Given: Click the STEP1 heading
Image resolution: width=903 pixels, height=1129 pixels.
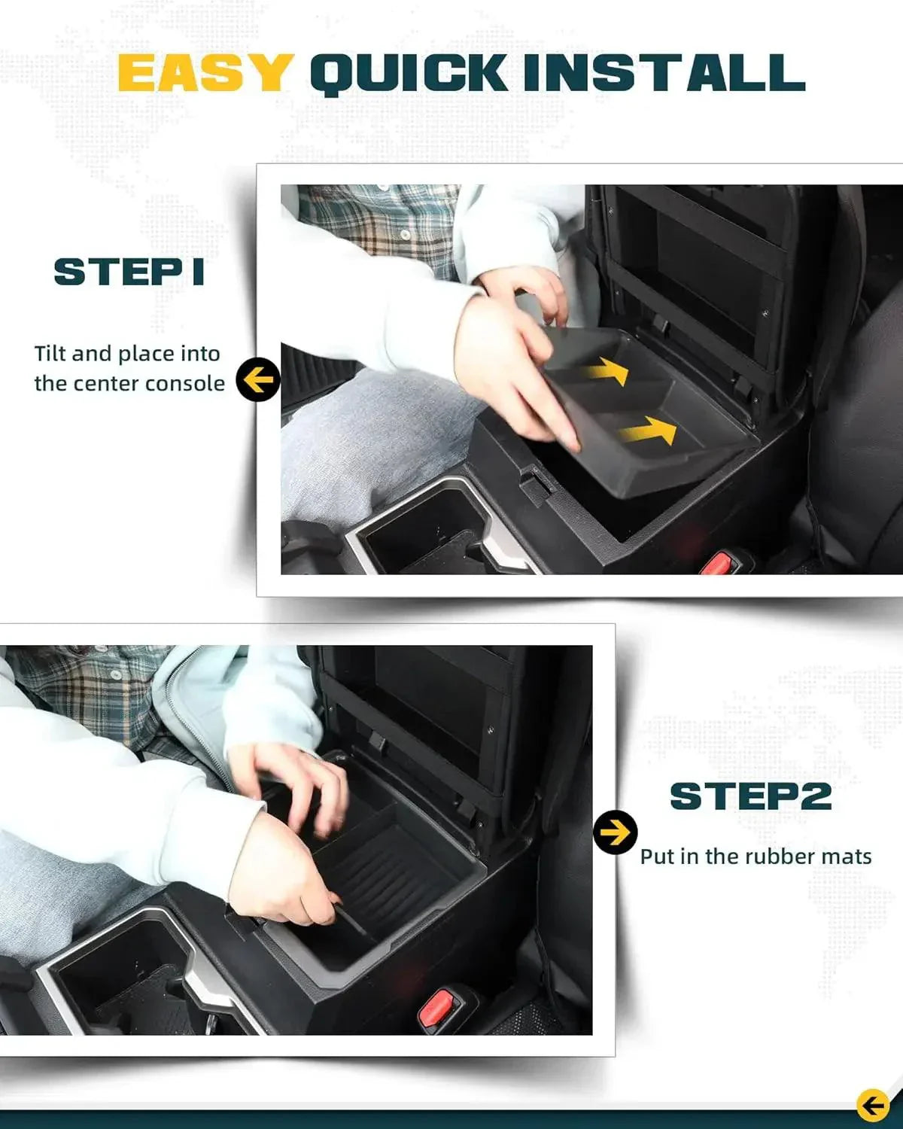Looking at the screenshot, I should pos(129,272).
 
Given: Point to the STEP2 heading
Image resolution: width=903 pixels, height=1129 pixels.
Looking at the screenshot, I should pos(750,796).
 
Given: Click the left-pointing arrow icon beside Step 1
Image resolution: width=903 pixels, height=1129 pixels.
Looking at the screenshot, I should pos(258,381).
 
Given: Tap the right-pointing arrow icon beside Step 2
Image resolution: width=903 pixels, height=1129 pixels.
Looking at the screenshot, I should pos(616,832).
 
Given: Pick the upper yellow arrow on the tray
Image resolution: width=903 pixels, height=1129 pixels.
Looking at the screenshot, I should pos(607,370).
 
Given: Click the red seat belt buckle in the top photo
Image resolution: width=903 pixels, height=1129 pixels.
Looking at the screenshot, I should pos(720,563).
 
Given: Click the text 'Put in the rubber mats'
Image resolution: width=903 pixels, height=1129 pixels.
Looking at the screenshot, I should pos(756,857).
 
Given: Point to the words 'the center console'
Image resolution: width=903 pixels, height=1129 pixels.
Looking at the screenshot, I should pos(129,384).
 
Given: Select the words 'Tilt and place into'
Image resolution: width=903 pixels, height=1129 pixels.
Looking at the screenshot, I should pos(127,354).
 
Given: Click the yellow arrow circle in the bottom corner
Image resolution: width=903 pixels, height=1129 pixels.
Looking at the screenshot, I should pos(872,1106).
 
